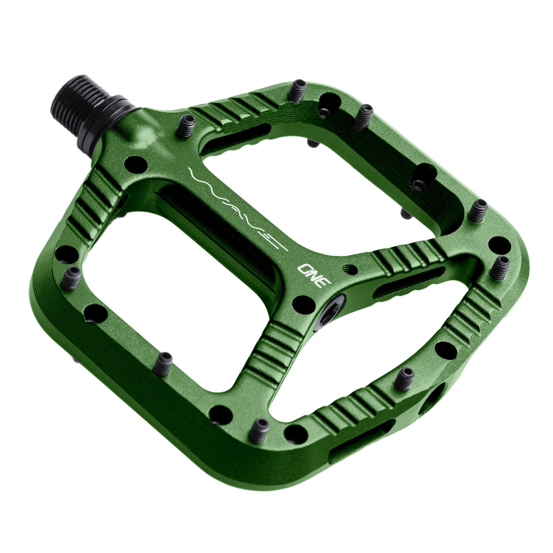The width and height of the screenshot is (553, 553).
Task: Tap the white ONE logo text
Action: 314,275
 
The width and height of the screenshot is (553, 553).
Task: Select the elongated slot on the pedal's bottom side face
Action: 359,441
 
